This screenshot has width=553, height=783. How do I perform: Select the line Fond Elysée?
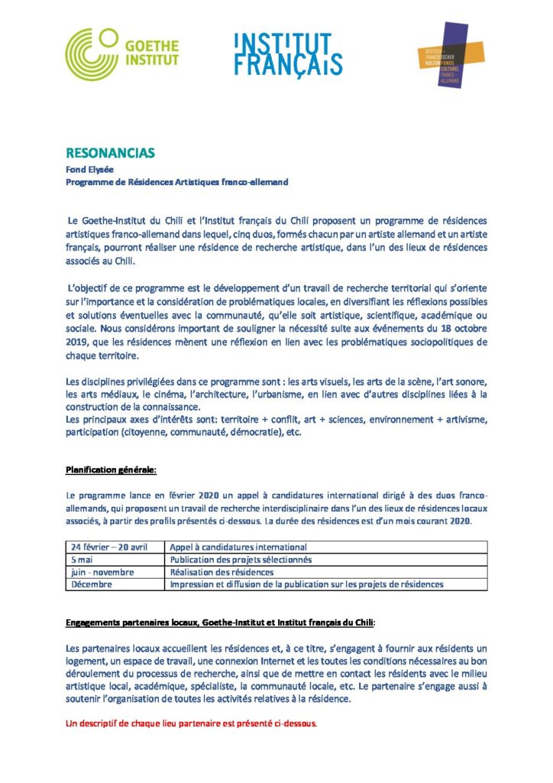click(86, 170)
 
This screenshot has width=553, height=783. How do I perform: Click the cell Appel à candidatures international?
click(238, 547)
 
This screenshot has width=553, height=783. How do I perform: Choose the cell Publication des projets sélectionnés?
click(241, 559)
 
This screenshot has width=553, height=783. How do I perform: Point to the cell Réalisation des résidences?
click(222, 571)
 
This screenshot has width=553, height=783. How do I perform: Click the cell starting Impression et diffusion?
click(306, 584)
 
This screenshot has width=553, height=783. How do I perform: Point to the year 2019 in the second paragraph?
click(78, 343)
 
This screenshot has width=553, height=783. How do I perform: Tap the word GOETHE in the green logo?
click(153, 44)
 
